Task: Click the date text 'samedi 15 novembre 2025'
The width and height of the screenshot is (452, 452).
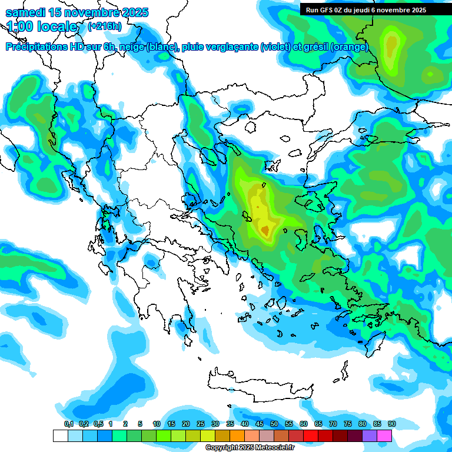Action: tap(77, 12)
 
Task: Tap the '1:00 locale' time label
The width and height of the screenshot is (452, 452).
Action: tap(42, 26)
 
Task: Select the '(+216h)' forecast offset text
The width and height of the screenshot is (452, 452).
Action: tap(105, 26)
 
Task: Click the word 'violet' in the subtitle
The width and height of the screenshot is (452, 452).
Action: tap(274, 47)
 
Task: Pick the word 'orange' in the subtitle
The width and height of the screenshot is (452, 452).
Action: tap(351, 47)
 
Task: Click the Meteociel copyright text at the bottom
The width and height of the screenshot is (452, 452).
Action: tap(250, 448)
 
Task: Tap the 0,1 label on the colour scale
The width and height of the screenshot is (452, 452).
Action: tap(68, 424)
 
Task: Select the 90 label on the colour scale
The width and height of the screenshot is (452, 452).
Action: tap(392, 424)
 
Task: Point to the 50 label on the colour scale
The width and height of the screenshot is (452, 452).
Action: tap(274, 424)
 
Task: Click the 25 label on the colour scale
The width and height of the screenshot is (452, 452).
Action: tap(201, 424)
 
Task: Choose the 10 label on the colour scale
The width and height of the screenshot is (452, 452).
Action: tap(157, 424)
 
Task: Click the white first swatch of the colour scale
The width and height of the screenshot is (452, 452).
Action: tap(60, 436)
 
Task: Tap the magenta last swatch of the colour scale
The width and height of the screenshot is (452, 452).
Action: tap(384, 436)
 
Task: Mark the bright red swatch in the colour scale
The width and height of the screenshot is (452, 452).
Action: tap(311, 436)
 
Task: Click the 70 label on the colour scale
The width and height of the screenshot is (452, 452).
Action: tap(333, 424)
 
